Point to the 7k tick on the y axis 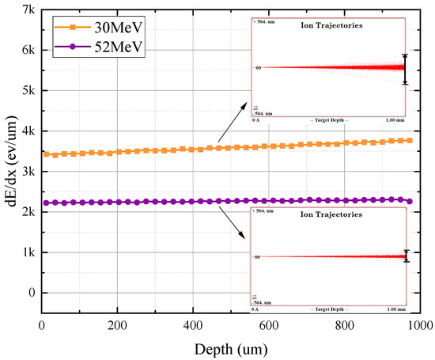tap(28, 9)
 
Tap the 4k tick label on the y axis tap(28, 131)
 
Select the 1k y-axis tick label tap(28, 252)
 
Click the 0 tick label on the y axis tap(31, 293)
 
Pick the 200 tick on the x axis tap(117, 325)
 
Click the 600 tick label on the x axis tap(268, 325)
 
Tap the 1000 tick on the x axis tap(419, 325)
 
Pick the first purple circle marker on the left tap(47, 203)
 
